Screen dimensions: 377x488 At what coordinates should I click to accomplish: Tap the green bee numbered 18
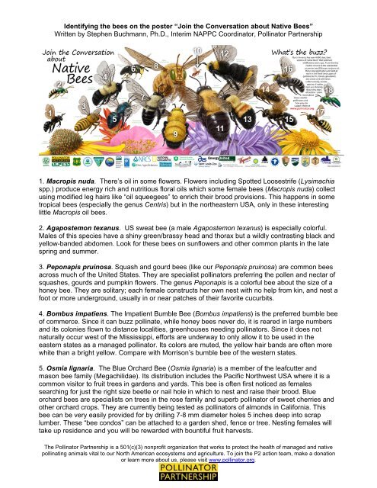(x=353, y=97)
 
